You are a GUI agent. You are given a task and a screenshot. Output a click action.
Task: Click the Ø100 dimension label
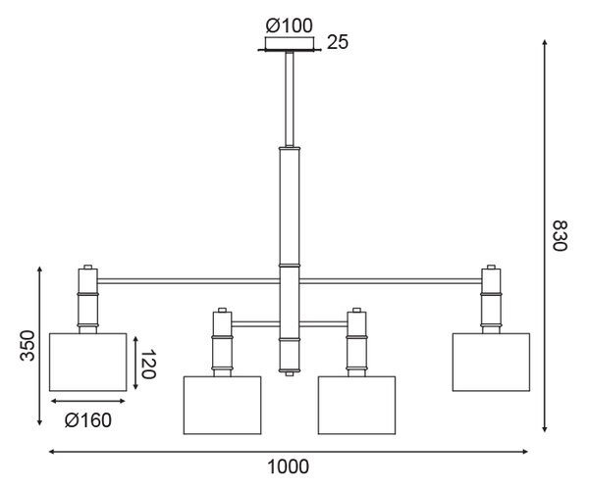click(x=289, y=25)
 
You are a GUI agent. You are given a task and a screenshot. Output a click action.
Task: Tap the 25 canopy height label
click(x=338, y=42)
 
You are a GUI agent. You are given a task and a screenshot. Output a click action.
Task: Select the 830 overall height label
click(x=560, y=235)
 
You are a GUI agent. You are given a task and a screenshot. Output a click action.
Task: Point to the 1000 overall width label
click(x=288, y=467)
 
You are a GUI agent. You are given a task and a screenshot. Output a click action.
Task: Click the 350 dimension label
click(x=27, y=345)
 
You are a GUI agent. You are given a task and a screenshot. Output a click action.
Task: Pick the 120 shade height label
click(x=147, y=364)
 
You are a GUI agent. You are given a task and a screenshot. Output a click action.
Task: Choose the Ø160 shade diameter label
click(x=88, y=420)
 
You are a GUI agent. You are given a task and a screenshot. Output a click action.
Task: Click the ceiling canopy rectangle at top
click(x=290, y=43)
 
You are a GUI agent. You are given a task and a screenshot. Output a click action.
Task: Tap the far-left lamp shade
click(x=88, y=362)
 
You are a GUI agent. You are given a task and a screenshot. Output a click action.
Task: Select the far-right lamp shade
click(x=492, y=362)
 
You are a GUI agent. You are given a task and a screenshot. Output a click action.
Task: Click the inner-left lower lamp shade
click(x=223, y=406)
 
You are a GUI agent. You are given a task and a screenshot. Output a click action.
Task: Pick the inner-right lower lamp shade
click(x=357, y=406)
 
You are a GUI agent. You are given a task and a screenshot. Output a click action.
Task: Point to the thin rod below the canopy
click(x=290, y=99)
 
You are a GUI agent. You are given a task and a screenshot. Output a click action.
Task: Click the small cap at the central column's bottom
click(x=290, y=374)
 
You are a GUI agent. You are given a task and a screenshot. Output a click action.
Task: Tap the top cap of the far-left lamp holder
click(x=88, y=267)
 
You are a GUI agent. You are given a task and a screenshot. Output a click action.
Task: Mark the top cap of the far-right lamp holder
click(x=492, y=267)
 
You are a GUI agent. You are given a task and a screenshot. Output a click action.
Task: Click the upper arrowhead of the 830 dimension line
click(x=544, y=42)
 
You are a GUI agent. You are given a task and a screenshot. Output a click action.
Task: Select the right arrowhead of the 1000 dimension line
click(x=525, y=452)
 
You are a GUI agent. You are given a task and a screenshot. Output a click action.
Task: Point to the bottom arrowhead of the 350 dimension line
click(x=40, y=422)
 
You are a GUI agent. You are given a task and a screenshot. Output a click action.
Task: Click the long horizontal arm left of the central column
click(x=188, y=281)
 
